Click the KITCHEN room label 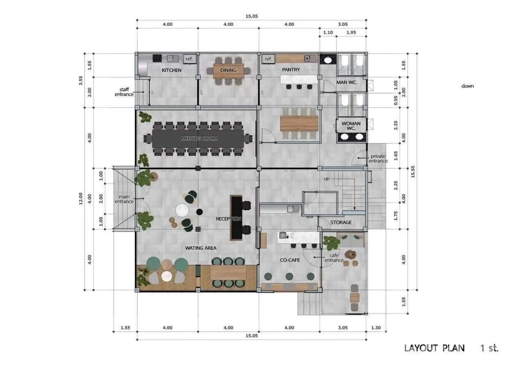coord(171,70)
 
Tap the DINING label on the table coord(228,70)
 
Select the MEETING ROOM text coord(199,139)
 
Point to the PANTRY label coord(291,70)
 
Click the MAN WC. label coord(347,82)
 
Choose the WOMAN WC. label coord(351,126)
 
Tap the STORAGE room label coord(341,223)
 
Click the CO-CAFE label coord(290,260)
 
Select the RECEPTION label coord(228,219)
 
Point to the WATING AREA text coord(201,248)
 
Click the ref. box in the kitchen coord(189,59)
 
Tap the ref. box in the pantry coord(268,59)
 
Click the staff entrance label coord(124,92)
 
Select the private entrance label coord(378,159)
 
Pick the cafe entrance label coord(334,257)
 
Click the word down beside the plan coord(468,86)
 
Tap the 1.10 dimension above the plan coord(328,32)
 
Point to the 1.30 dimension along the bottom coord(376,328)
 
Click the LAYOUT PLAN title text coord(434,348)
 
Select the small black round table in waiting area coord(199,212)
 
